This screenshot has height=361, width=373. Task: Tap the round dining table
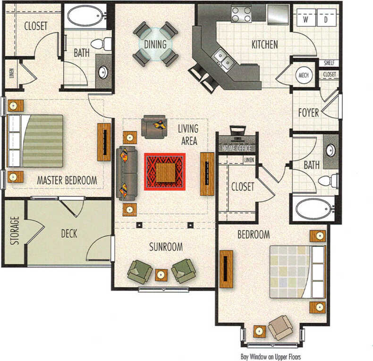coord(155,44)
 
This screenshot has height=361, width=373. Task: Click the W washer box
coord(305,20)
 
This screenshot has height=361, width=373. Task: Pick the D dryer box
coord(325,20)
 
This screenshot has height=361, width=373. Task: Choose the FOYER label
coord(308,113)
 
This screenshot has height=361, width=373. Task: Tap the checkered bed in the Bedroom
coord(297,271)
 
